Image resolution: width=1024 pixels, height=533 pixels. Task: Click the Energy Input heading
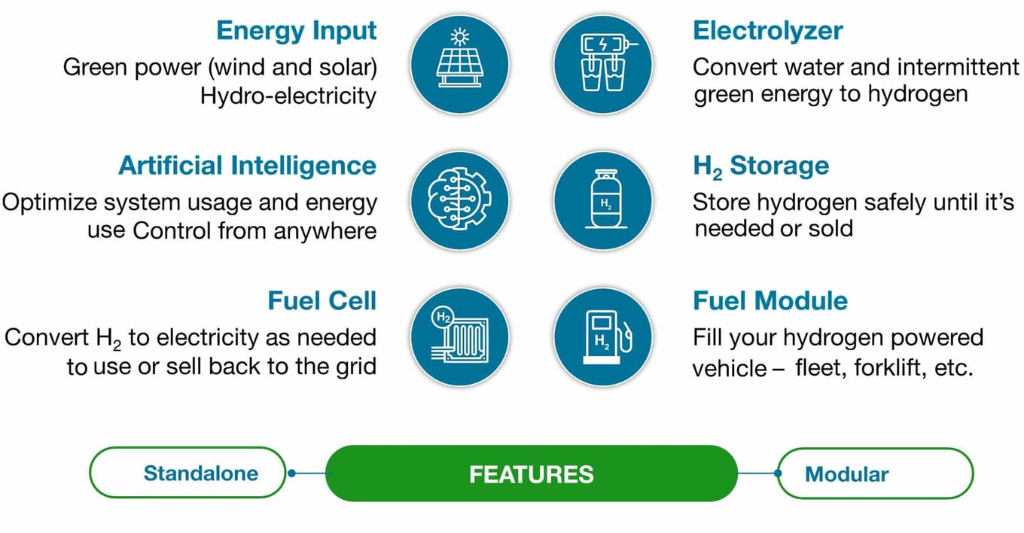(296, 31)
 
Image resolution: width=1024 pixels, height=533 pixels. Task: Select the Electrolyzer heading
(767, 31)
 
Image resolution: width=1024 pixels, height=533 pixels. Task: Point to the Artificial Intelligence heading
(247, 166)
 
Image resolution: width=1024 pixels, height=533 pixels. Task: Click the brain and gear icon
(459, 201)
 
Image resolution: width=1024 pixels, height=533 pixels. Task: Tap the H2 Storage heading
(761, 166)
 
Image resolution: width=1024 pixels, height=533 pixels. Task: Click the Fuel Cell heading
(322, 301)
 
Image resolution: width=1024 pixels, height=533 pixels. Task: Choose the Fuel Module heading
(770, 301)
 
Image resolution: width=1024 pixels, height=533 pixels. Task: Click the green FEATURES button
(532, 474)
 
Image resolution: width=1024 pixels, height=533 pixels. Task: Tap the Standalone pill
(188, 473)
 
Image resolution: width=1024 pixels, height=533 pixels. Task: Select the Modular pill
(876, 474)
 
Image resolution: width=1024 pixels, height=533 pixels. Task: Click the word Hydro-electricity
(288, 96)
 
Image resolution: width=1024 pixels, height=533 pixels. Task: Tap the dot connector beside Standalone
(291, 473)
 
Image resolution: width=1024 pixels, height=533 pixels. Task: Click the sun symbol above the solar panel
(460, 37)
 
